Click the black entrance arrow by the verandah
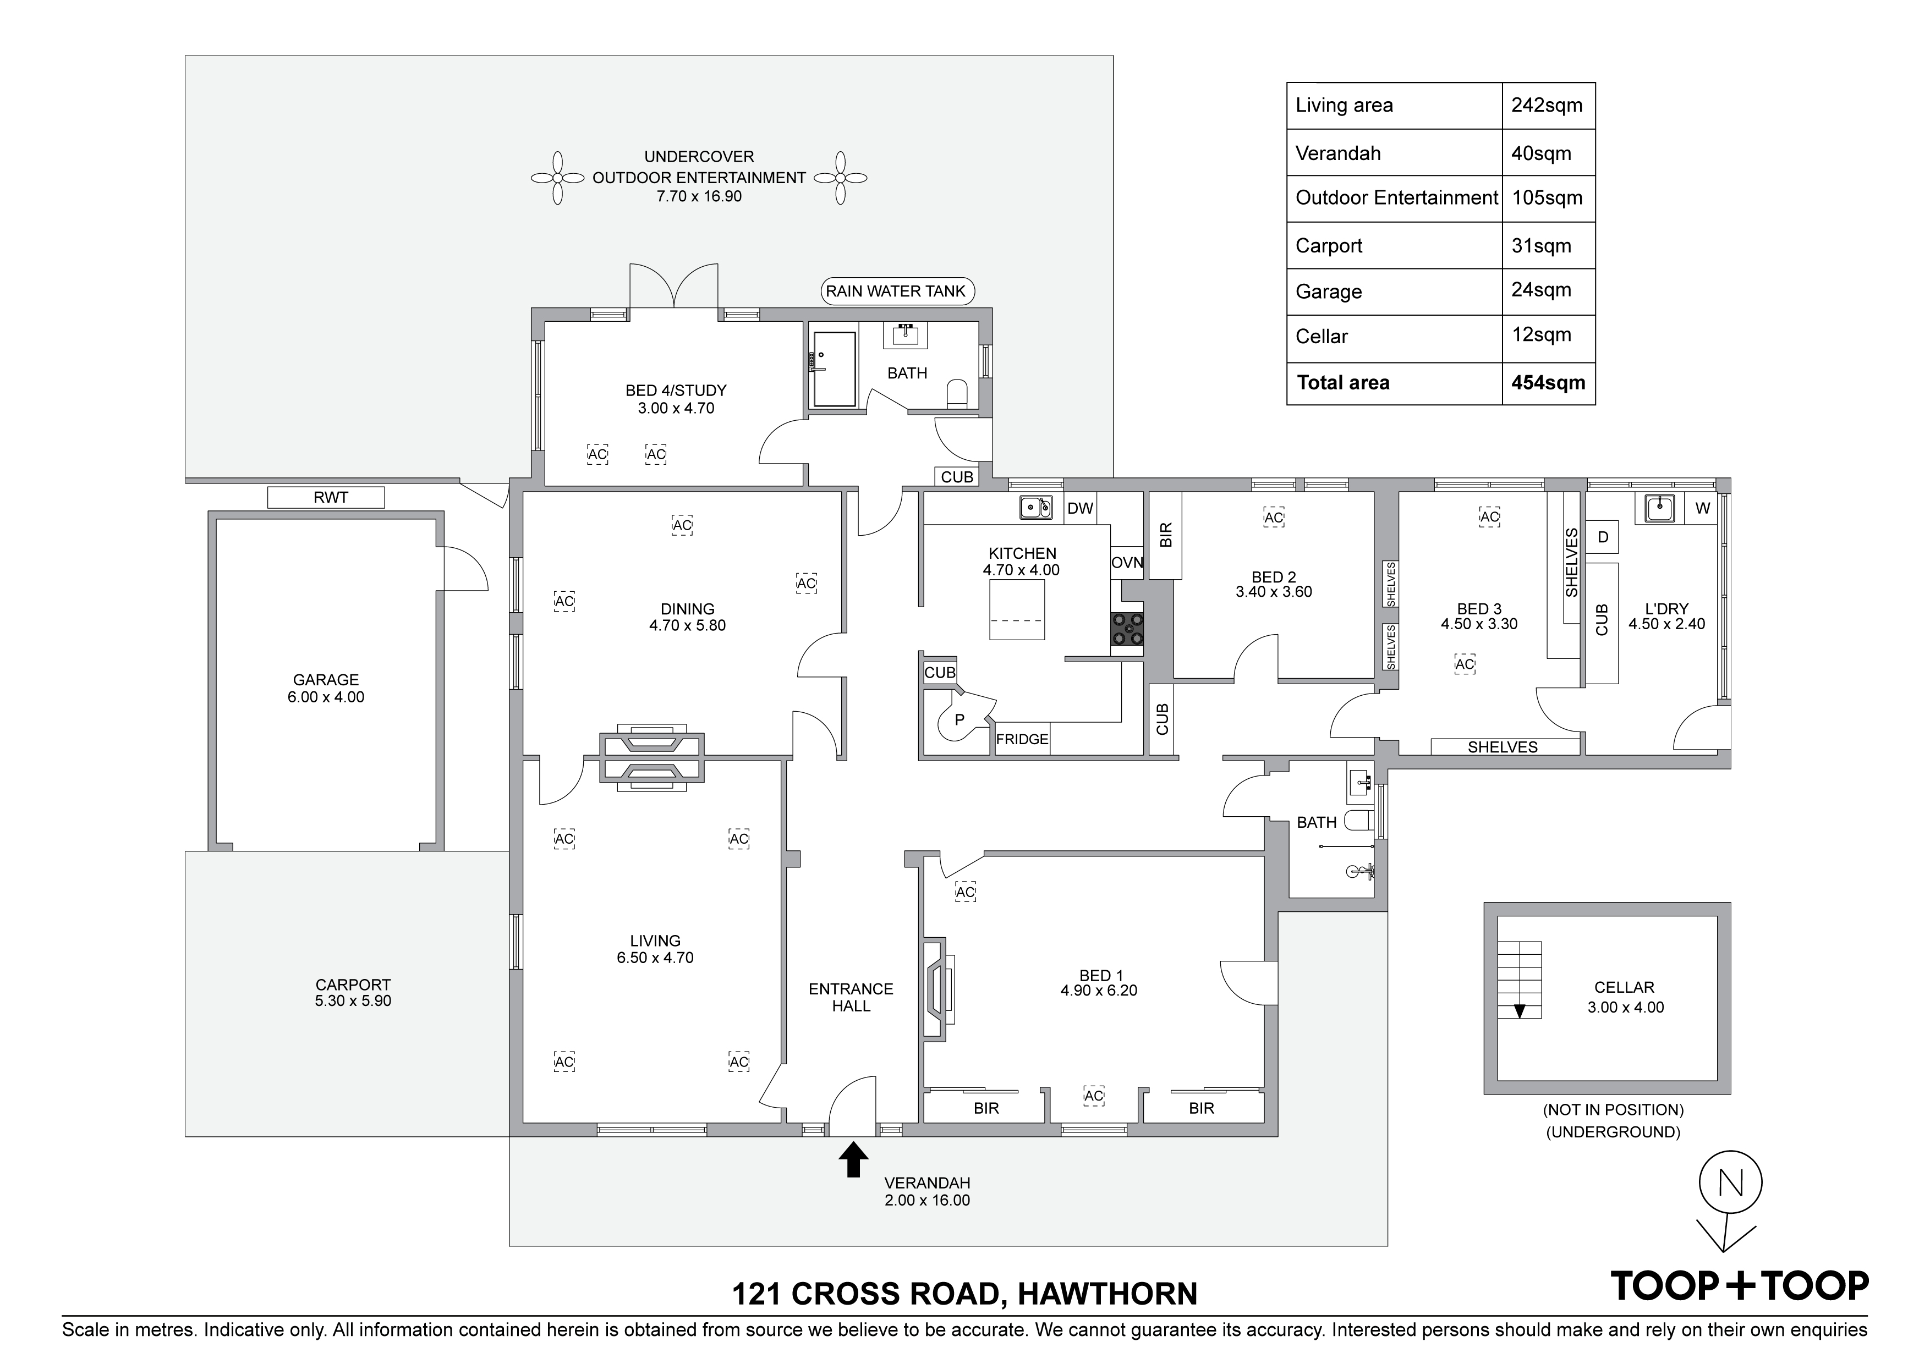pyautogui.click(x=853, y=1158)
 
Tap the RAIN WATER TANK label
pyautogui.click(x=896, y=291)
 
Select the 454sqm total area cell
pyautogui.click(x=1548, y=383)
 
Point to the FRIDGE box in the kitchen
pyautogui.click(x=1022, y=739)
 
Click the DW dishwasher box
pyautogui.click(x=1080, y=508)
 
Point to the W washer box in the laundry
pyautogui.click(x=1703, y=508)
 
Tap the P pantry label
pyautogui.click(x=959, y=721)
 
